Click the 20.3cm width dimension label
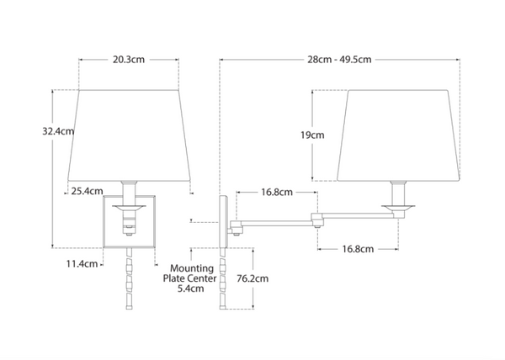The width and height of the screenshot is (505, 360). (129, 60)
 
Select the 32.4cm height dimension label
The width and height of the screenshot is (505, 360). (58, 131)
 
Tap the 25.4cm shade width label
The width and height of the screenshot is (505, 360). (87, 191)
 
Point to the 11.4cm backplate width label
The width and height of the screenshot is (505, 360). (82, 264)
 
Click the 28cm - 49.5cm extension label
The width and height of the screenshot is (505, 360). (339, 60)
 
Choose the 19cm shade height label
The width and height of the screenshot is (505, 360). (312, 135)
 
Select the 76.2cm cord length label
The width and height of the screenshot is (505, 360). (252, 278)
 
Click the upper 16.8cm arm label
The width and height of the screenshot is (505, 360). (277, 192)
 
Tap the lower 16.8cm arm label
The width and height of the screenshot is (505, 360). (358, 249)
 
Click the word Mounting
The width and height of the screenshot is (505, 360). (192, 268)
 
